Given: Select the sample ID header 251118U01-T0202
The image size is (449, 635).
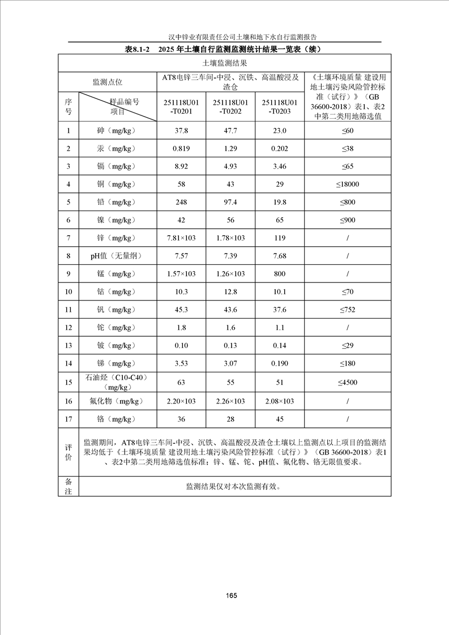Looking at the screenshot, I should [230, 106].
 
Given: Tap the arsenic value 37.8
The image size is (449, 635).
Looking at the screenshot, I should [181, 131].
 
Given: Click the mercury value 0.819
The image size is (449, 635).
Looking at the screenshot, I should [181, 149].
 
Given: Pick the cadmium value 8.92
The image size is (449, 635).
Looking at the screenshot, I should [181, 166].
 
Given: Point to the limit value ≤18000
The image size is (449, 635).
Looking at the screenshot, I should [348, 185].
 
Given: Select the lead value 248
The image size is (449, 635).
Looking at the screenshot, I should [181, 202].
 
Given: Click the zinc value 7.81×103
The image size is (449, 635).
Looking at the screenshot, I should [181, 238].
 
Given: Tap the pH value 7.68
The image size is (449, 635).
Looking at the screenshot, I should [280, 256].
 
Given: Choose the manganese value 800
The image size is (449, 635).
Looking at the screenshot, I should [280, 274].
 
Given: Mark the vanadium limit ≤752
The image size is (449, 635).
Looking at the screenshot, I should [348, 310].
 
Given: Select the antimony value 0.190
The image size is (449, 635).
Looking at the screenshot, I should [280, 363].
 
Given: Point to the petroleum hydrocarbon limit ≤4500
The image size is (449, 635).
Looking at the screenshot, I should [348, 383].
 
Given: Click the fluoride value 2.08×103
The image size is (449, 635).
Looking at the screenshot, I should [280, 401].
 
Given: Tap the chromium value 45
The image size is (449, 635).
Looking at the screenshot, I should [280, 419].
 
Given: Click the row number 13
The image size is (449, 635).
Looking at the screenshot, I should [69, 345].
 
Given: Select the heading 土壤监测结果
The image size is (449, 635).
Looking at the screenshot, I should [224, 63].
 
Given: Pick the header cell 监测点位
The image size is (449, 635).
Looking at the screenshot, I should [108, 82].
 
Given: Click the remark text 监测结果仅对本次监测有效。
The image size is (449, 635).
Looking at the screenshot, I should [233, 486].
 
